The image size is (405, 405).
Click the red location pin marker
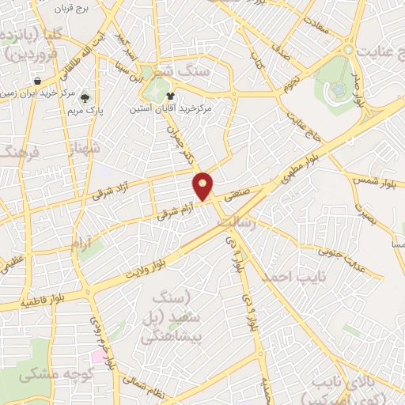click(x=203, y=186)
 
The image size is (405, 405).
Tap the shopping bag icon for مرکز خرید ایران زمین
click(x=37, y=81)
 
